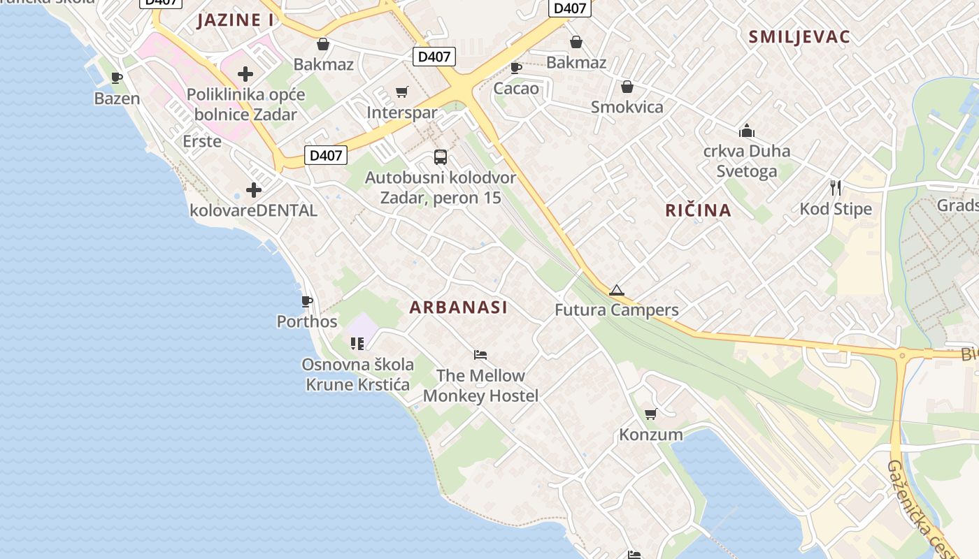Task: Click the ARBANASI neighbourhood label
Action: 458,307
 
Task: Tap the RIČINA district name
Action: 698,210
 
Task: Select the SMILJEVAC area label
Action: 799,37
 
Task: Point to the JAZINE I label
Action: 235,20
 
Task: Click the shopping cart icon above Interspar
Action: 402,92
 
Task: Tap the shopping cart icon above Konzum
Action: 651,414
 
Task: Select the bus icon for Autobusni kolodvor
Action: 441,157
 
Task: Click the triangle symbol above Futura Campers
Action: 616,290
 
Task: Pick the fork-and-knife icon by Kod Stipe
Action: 836,187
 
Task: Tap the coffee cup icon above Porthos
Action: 306,301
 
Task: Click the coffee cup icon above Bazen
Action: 117,78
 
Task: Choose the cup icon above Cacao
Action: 516,68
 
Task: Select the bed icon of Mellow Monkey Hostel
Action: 480,355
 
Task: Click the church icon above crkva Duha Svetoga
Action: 747,131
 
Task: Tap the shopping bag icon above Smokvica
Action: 627,87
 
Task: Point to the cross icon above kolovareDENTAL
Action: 254,189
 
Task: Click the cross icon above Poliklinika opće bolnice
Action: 245,73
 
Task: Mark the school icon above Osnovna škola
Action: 357,343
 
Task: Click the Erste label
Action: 202,141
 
